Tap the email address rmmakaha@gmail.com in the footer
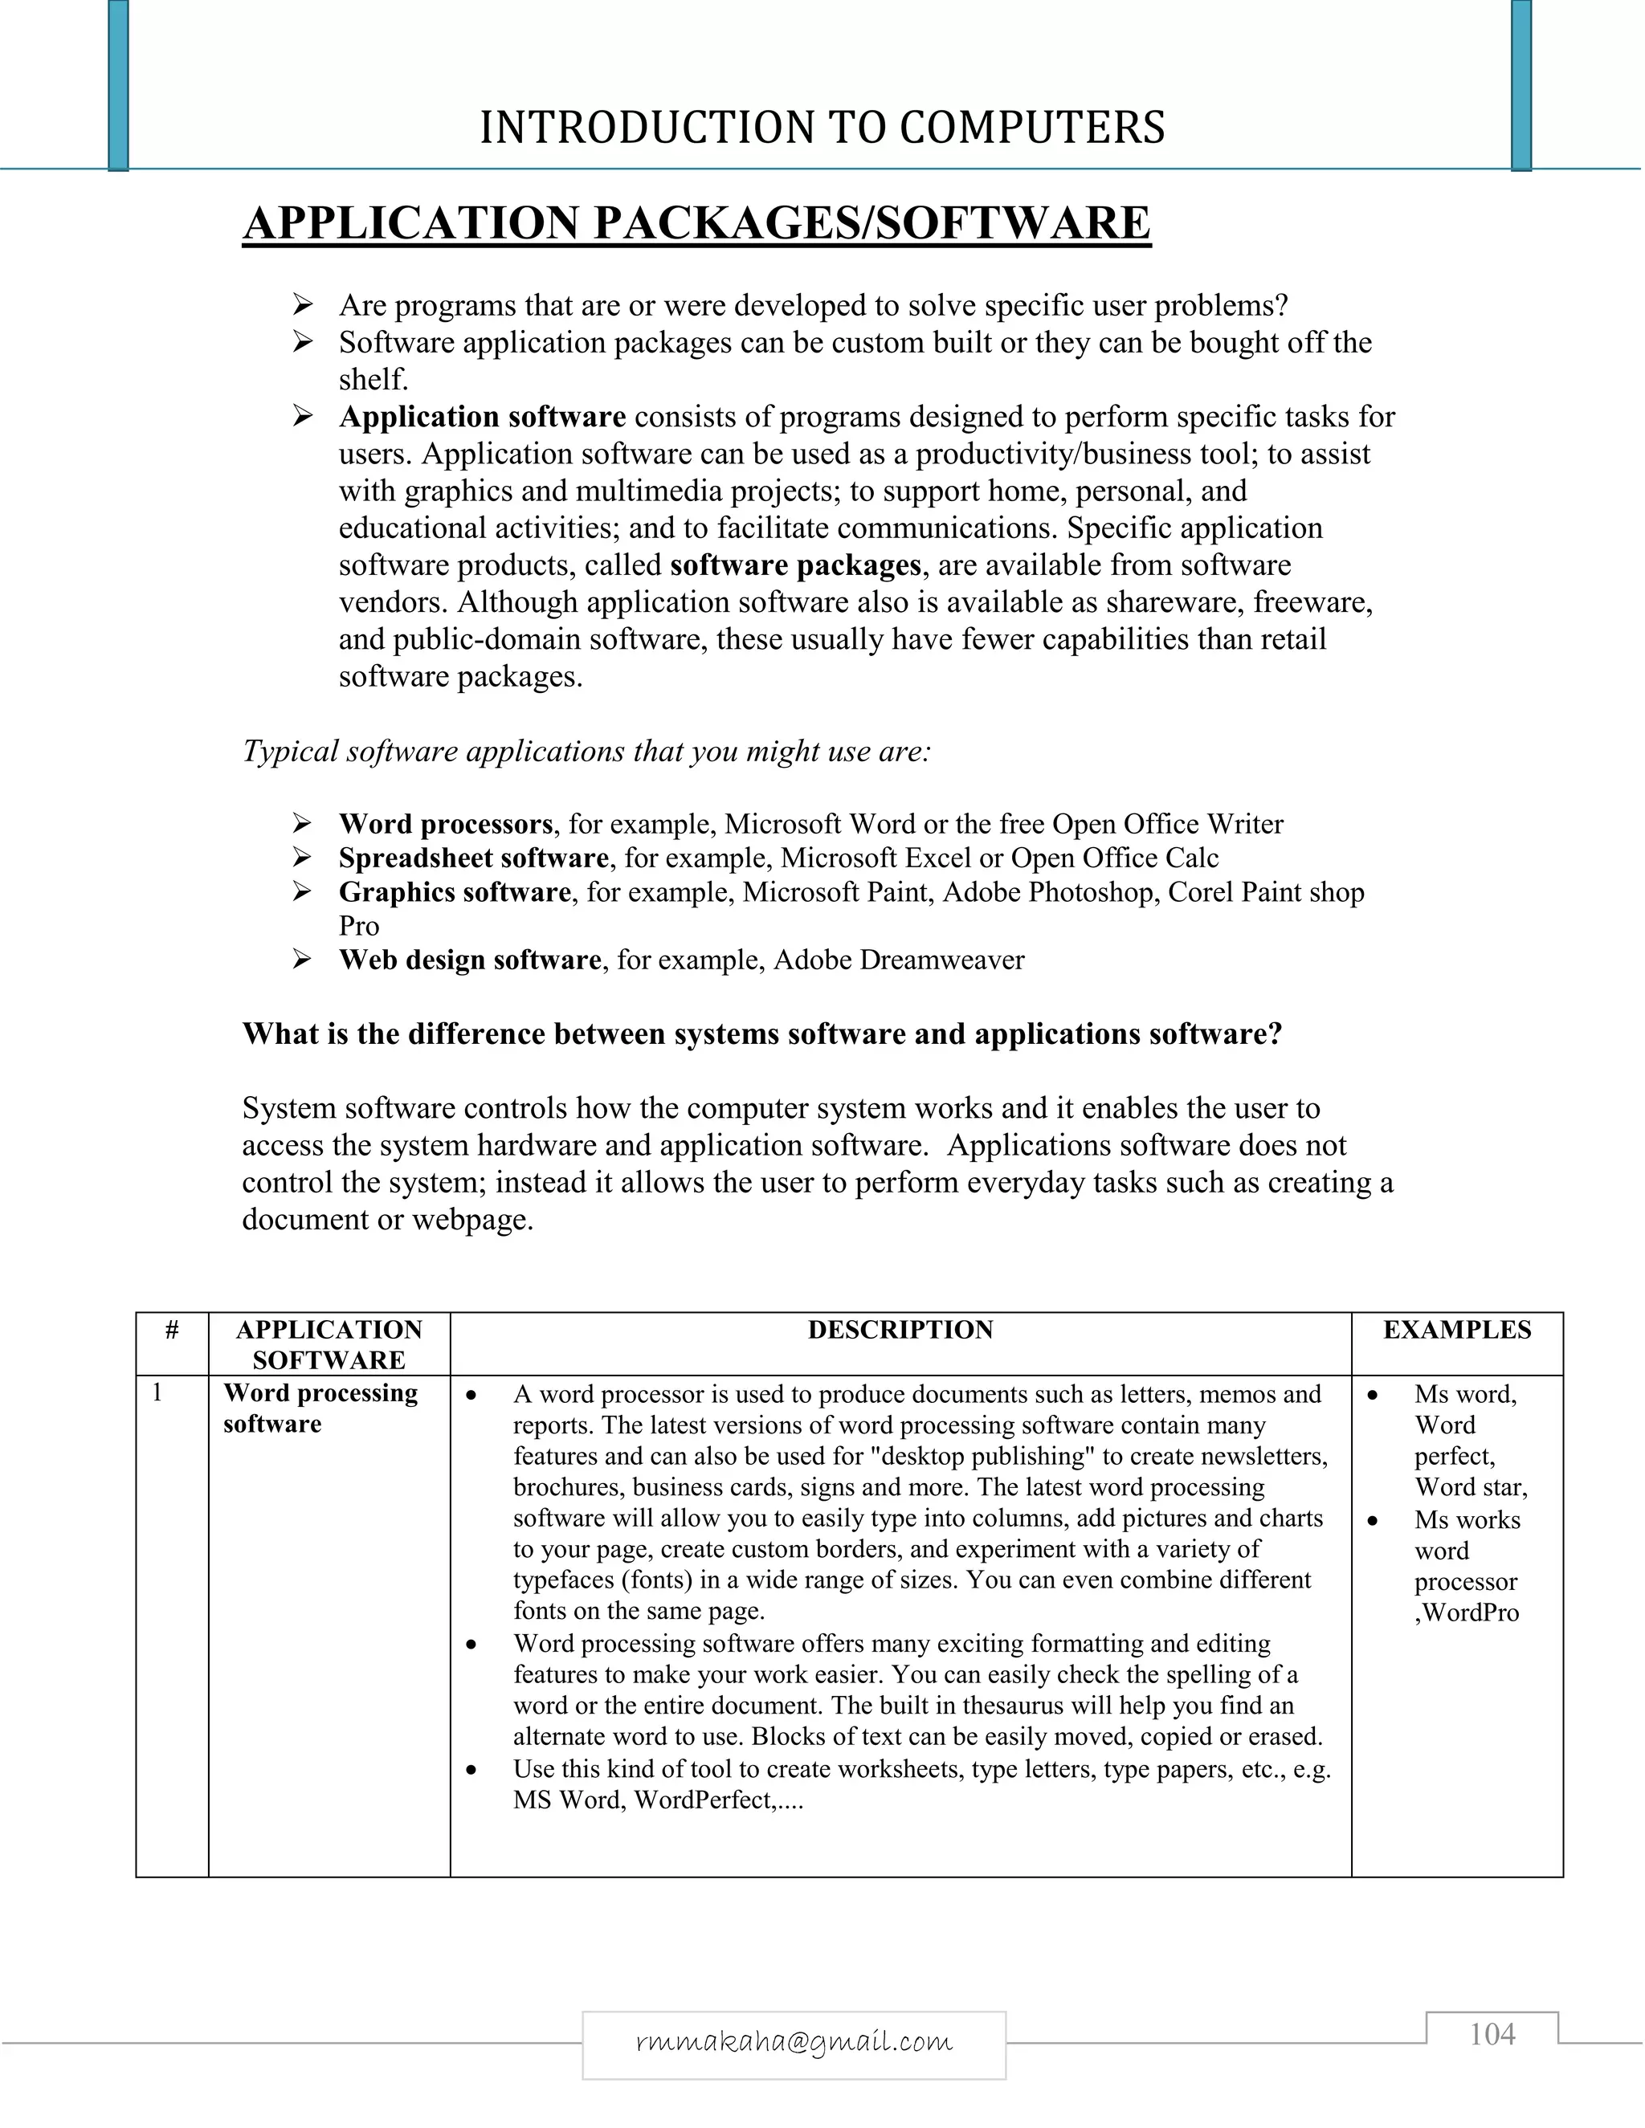click(794, 2042)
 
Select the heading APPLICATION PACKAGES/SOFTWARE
click(696, 223)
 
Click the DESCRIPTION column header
click(900, 1330)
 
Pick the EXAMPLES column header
click(1457, 1330)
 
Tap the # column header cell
click(172, 1330)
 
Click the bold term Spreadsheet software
click(474, 858)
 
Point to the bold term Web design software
click(470, 960)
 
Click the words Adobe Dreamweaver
click(899, 960)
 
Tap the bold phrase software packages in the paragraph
click(795, 565)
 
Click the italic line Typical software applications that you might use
click(586, 752)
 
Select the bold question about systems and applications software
click(762, 1033)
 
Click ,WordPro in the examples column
click(1467, 1612)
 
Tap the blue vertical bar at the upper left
click(118, 86)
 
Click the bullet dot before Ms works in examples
click(1373, 1521)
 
